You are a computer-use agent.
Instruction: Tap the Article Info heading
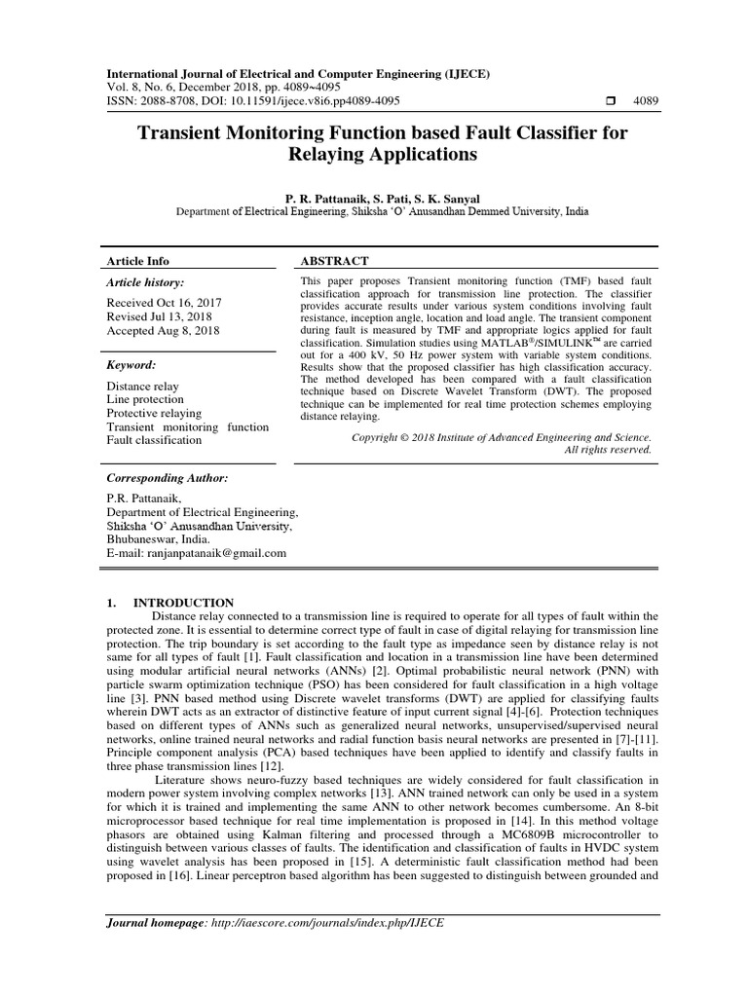pyautogui.click(x=137, y=261)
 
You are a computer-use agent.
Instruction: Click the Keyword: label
pyautogui.click(x=131, y=364)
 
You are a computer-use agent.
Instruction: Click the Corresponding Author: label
pyautogui.click(x=168, y=478)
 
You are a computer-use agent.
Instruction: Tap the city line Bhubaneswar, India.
pyautogui.click(x=158, y=538)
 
